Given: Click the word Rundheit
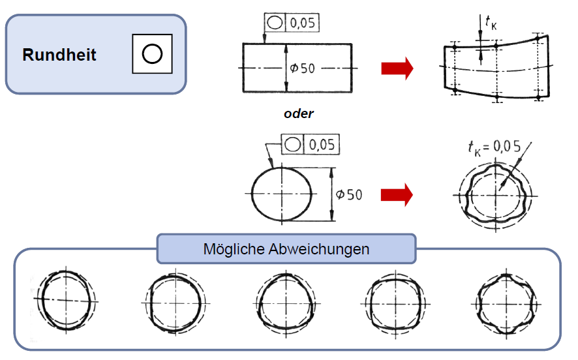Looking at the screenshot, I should click(59, 55).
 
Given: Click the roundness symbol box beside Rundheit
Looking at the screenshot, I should click(152, 53).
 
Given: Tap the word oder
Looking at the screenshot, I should click(299, 113).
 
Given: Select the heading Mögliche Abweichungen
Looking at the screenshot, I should click(286, 249).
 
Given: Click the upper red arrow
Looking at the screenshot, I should click(397, 68).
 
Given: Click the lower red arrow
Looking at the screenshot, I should click(397, 194).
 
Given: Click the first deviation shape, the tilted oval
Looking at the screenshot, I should click(66, 301).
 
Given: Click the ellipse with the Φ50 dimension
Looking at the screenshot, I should click(282, 194).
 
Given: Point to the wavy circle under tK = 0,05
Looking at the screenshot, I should click(495, 195).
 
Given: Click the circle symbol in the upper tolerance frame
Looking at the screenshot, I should click(275, 23).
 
